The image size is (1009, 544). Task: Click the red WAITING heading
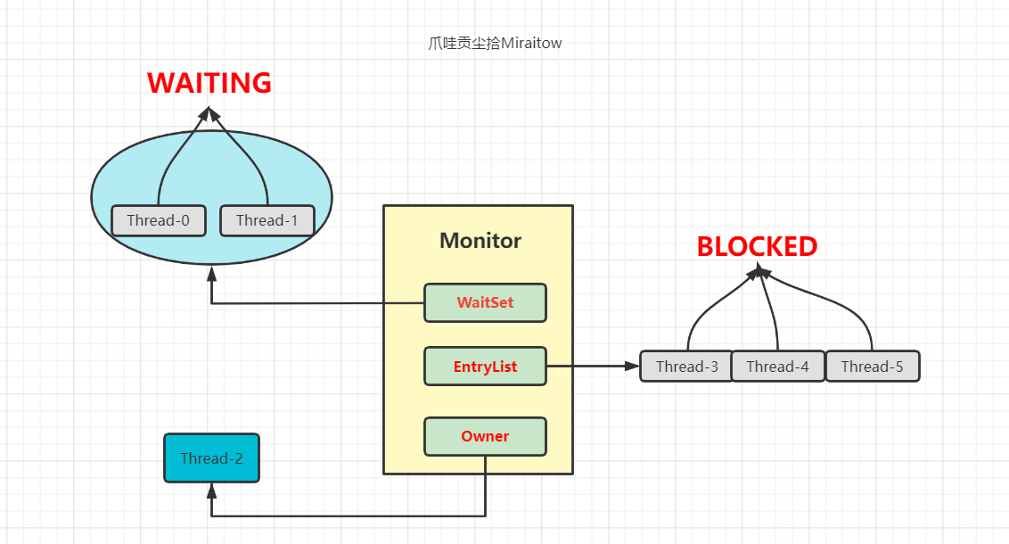point(209,83)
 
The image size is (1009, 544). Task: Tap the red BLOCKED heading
point(757,246)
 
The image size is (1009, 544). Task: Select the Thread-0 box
point(159,220)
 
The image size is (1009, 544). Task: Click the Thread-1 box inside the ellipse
point(267,220)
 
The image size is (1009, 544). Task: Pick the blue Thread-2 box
point(211,458)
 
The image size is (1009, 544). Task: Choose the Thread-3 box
point(687,367)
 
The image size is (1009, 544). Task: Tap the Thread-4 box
point(778,367)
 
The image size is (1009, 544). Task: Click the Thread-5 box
point(872,367)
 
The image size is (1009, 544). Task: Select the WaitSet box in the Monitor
point(485,302)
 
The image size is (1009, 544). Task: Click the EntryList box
point(485,367)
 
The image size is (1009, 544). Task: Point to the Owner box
point(485,437)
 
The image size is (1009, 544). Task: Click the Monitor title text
point(480,241)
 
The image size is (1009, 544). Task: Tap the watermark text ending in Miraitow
point(495,43)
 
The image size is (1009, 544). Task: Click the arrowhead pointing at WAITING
point(209,113)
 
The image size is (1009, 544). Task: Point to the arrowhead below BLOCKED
point(759,269)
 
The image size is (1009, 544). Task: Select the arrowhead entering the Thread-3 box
point(633,366)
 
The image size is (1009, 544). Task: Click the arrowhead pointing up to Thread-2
point(211,490)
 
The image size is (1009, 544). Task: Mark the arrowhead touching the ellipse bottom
point(211,272)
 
